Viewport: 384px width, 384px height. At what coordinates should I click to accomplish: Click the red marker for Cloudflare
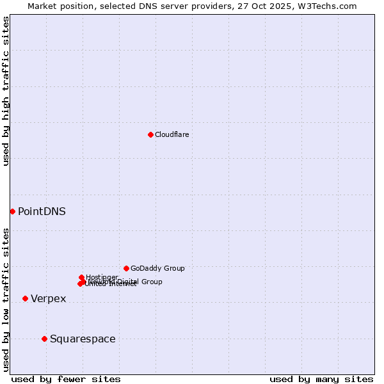[150, 134]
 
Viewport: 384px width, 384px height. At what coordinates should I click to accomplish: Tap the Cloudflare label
[172, 134]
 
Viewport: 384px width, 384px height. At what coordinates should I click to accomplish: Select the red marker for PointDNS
[12, 211]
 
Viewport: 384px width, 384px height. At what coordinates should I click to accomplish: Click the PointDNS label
[42, 211]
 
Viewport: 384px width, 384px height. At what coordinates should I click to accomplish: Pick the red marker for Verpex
[25, 298]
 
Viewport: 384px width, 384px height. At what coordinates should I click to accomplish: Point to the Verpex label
[48, 299]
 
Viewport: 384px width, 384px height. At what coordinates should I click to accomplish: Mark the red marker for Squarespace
[44, 339]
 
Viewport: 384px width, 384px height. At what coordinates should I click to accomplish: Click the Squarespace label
[83, 339]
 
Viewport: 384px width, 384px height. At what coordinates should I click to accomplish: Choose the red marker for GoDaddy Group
[126, 268]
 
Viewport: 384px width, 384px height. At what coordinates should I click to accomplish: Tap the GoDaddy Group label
[157, 269]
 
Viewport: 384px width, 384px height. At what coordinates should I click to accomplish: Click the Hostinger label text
[102, 277]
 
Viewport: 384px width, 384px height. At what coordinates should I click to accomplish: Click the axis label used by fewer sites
[66, 379]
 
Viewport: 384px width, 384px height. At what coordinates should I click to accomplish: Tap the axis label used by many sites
[321, 379]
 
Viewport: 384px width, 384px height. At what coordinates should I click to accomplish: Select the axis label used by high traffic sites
[6, 92]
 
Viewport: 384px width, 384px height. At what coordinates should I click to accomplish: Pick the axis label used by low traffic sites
[6, 300]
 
